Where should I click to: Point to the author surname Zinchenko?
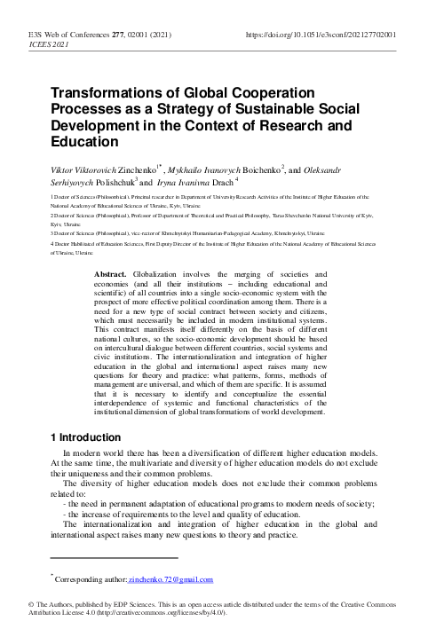137,167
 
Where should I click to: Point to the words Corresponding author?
92,580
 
